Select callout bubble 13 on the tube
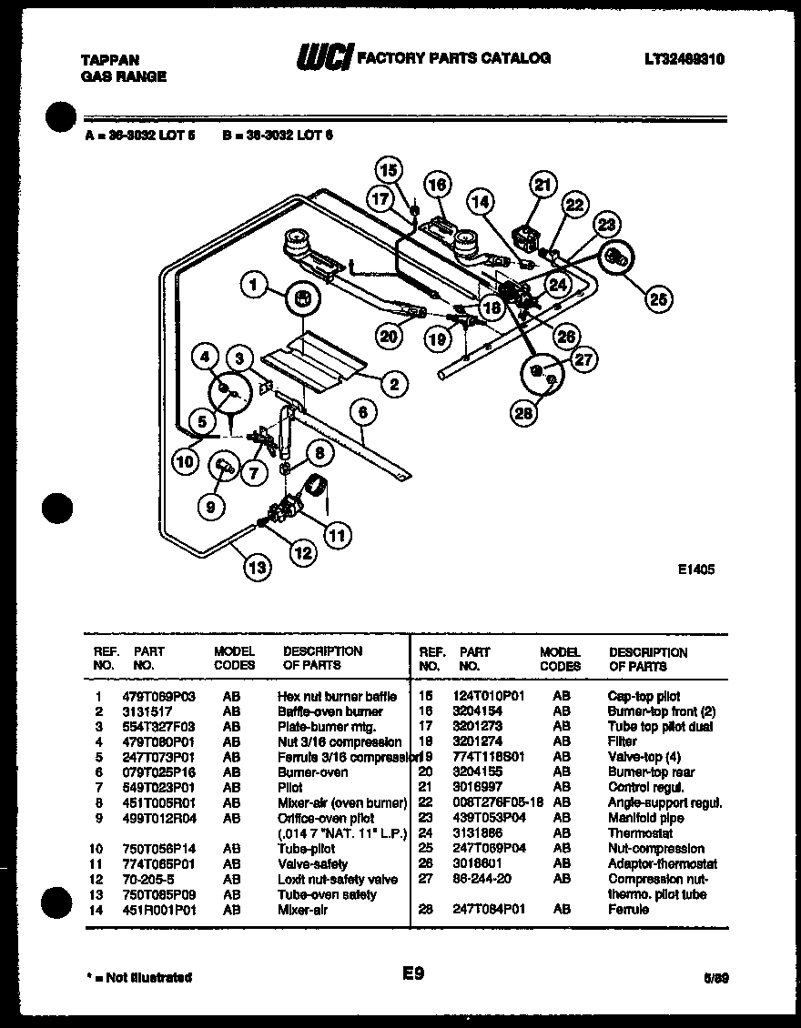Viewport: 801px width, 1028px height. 259,569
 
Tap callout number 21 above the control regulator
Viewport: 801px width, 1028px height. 542,186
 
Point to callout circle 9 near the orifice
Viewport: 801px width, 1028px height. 210,508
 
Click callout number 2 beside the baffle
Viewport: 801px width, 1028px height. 394,385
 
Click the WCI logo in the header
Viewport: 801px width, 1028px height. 323,58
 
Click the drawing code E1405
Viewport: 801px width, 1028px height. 696,569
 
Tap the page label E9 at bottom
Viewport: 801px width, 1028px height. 414,973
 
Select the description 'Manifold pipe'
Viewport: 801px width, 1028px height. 645,818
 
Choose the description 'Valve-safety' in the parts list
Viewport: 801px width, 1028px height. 312,864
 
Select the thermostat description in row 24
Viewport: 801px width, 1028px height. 640,833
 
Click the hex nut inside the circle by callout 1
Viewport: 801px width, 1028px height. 304,297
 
